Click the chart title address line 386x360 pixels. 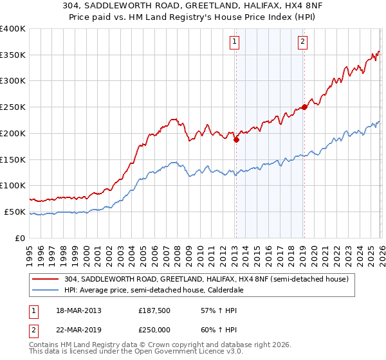click(x=193, y=6)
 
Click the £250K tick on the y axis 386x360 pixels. click(x=13, y=107)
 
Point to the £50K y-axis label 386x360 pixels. click(x=15, y=212)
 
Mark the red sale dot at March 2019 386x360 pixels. click(x=304, y=107)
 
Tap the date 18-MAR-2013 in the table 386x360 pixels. click(x=78, y=310)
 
